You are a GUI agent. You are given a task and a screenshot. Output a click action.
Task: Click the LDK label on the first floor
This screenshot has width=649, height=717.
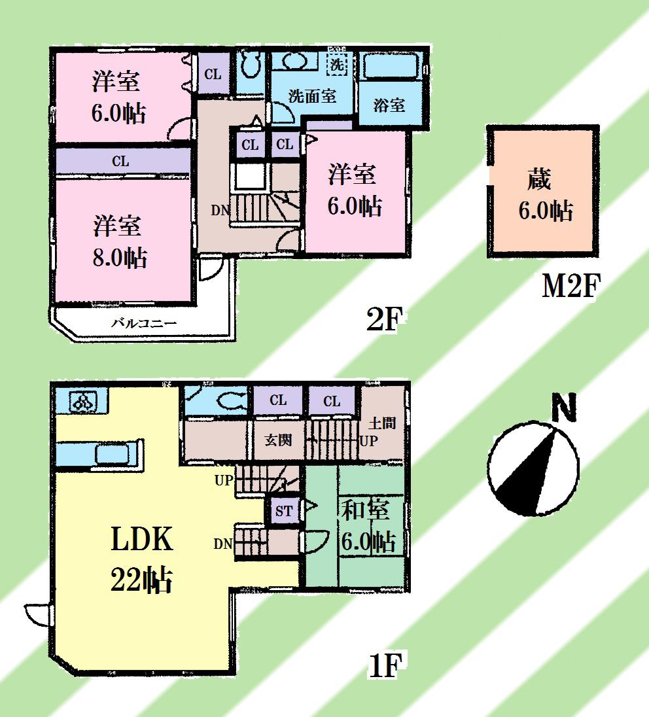pyautogui.click(x=141, y=541)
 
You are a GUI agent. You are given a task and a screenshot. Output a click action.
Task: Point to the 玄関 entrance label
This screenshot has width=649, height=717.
pyautogui.click(x=277, y=440)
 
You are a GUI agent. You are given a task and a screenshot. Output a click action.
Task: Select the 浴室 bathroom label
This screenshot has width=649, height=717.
pyautogui.click(x=389, y=105)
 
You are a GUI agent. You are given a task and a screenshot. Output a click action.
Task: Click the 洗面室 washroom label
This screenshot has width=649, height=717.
pyautogui.click(x=312, y=96)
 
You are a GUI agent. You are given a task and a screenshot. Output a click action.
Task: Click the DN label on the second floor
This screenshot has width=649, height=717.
pyautogui.click(x=219, y=211)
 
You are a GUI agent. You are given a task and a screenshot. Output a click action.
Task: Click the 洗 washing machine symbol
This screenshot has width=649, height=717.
pyautogui.click(x=336, y=65)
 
